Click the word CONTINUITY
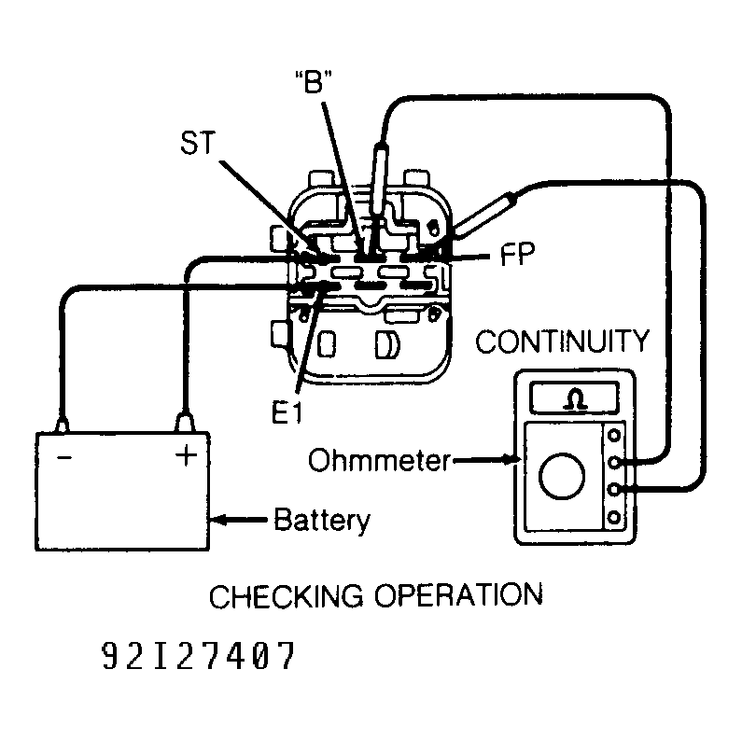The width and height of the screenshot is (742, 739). (562, 342)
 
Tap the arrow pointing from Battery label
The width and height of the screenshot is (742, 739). (240, 519)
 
